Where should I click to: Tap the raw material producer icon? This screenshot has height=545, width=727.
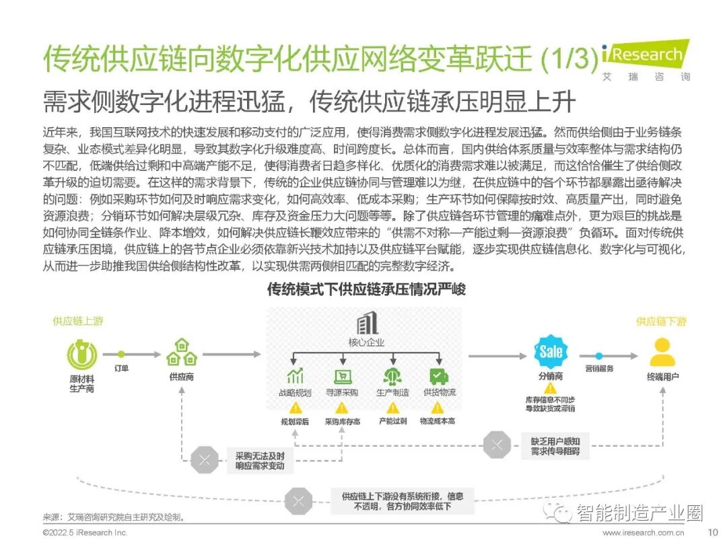(82, 353)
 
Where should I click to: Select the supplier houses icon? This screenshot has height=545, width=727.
(181, 352)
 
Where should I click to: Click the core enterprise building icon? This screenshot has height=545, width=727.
(366, 324)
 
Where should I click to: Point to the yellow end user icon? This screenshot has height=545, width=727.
(662, 352)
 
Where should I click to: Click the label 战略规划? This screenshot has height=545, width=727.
(295, 392)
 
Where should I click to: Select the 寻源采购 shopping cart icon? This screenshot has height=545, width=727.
(342, 375)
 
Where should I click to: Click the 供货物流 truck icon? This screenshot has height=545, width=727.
(439, 375)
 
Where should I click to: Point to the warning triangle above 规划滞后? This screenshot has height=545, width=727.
(295, 408)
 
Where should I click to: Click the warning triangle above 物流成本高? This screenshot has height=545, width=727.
(438, 408)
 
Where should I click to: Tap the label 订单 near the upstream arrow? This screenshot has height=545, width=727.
(121, 368)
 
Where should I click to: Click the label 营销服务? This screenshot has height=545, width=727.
(599, 369)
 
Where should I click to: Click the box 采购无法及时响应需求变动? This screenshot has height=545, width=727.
(260, 461)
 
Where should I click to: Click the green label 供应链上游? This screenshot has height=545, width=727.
(78, 321)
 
